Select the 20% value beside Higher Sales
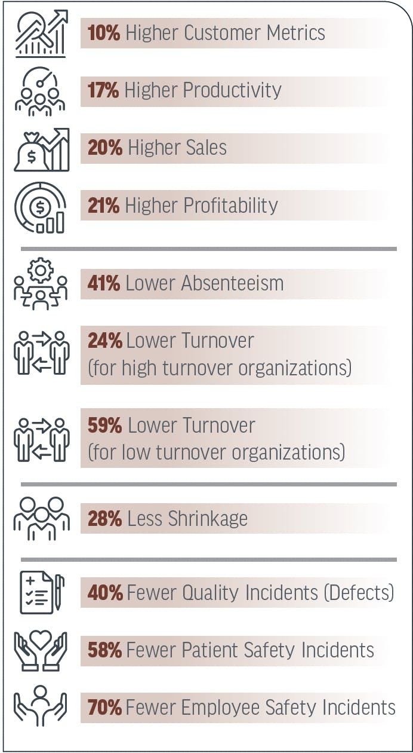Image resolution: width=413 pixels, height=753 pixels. click(x=105, y=148)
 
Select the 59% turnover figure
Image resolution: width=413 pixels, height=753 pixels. click(x=105, y=426)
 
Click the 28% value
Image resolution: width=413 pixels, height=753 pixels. click(x=105, y=519)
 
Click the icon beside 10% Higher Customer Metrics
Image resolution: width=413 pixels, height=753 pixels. click(x=41, y=33)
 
